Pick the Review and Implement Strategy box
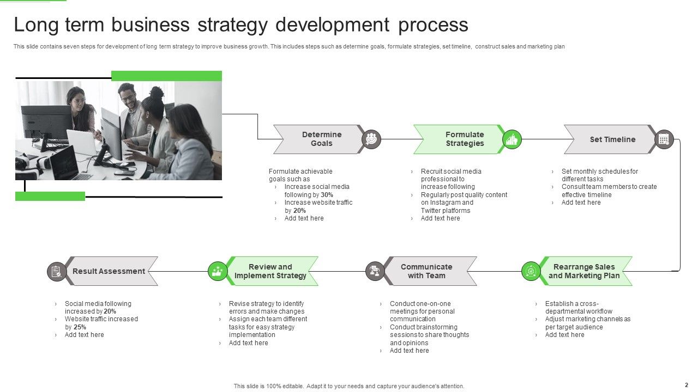point(271,271)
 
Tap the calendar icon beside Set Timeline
point(664,139)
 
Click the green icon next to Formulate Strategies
point(512,139)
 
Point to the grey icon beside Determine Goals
point(371,139)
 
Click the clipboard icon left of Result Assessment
point(57,271)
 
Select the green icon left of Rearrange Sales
point(531,271)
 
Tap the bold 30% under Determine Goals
point(327,195)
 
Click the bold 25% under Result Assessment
point(80,327)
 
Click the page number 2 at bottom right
point(686,384)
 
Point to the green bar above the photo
point(166,76)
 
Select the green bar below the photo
point(50,196)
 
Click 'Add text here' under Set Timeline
point(581,203)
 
